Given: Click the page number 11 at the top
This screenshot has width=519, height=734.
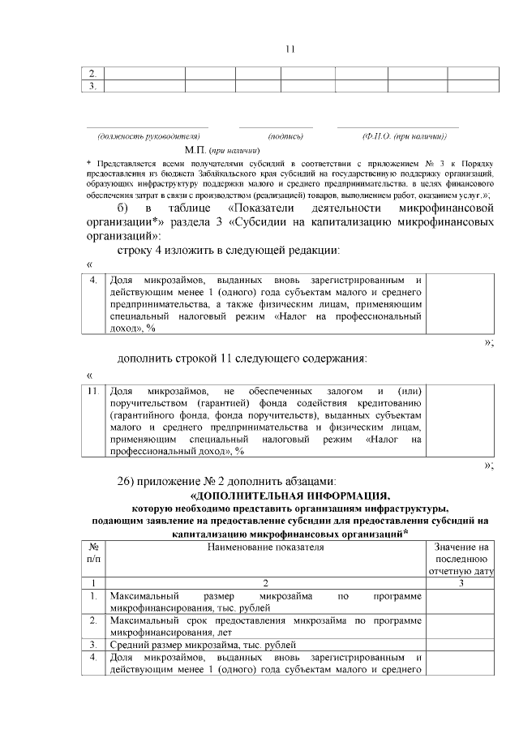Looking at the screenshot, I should click(290, 49).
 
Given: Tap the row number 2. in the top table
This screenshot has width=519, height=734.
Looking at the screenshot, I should click(93, 73).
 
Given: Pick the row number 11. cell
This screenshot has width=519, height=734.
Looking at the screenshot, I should click(94, 392).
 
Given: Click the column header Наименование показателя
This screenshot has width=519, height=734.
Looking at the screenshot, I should click(265, 547).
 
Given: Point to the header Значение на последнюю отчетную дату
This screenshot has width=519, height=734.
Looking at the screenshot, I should click(460, 559).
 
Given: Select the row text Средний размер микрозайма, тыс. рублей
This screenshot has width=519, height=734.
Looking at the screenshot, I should click(204, 646).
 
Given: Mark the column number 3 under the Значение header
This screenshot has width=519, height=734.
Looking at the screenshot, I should click(460, 582).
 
